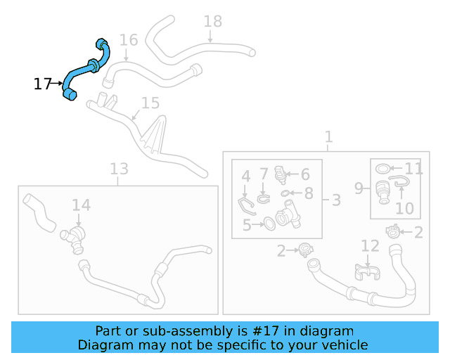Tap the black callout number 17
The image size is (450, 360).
tap(42, 84)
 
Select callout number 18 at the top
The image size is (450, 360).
tap(212, 21)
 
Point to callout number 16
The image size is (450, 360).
tap(128, 39)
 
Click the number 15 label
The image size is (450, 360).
tap(150, 103)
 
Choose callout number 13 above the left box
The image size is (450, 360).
tap(119, 168)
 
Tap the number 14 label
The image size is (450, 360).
tap(81, 205)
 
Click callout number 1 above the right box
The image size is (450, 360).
tap(328, 136)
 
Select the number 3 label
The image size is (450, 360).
tap(336, 200)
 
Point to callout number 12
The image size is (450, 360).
tap(370, 245)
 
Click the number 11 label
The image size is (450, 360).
tap(414, 169)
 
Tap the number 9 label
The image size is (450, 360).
tap(358, 188)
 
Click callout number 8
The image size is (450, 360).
tap(309, 193)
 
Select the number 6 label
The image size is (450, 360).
tap(305, 174)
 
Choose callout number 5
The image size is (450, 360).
tap(247, 225)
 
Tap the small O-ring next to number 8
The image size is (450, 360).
tap(285, 193)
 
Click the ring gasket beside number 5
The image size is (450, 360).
tap(269, 225)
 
